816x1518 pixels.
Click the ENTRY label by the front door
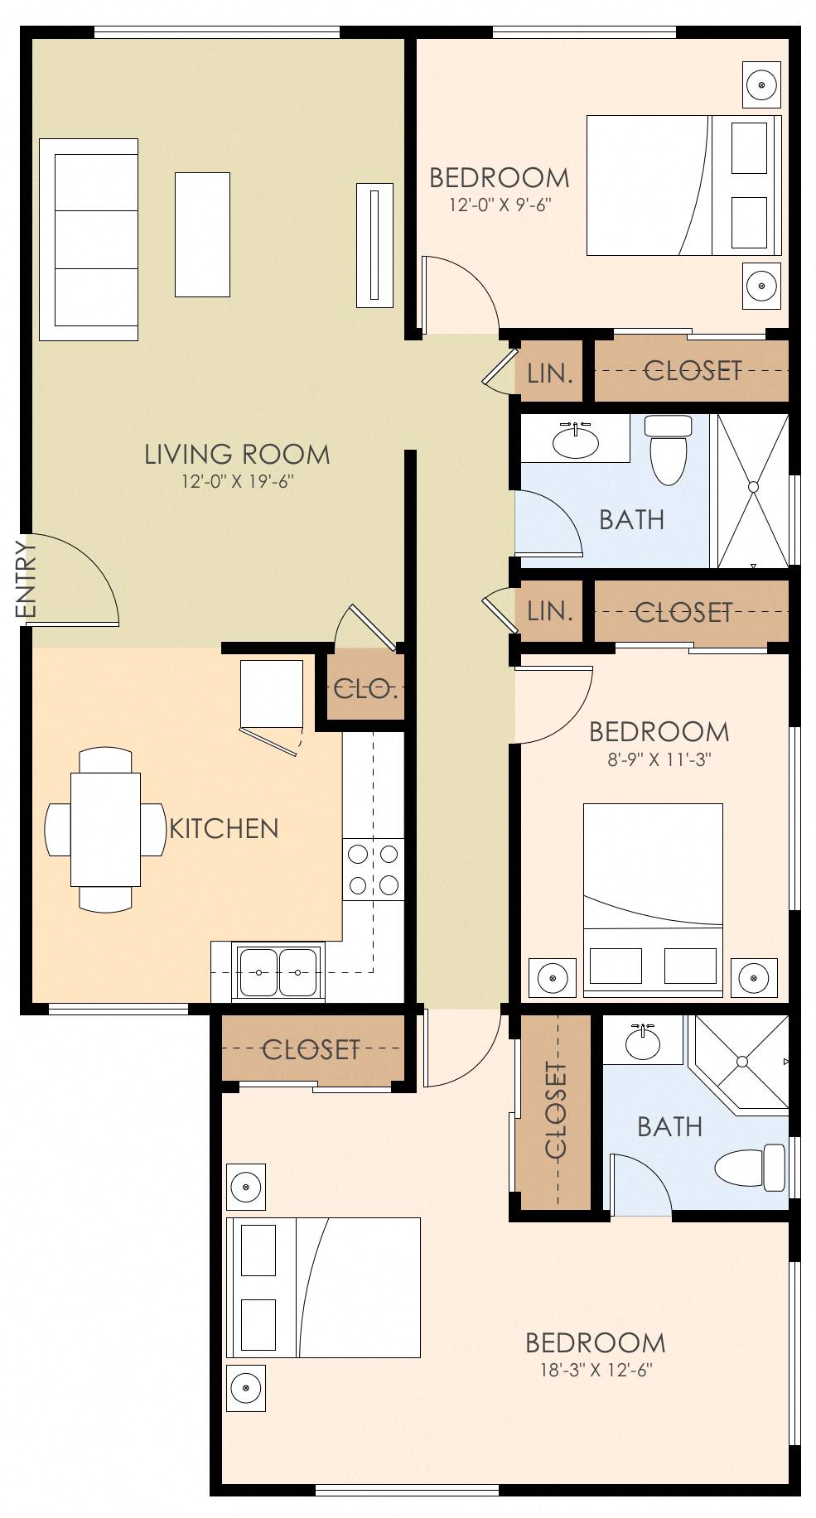[x=26, y=578]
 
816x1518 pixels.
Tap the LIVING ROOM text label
[x=237, y=454]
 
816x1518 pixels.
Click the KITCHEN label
[x=224, y=828]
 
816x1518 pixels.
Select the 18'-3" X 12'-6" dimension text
[x=596, y=1370]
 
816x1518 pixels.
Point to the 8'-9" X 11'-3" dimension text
[x=659, y=759]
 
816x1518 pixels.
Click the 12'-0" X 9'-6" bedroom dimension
[x=500, y=205]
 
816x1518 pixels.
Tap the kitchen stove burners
[x=374, y=868]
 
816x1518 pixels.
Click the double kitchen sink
[x=278, y=972]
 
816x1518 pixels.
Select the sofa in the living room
[x=89, y=239]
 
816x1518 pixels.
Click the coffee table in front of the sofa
[x=202, y=234]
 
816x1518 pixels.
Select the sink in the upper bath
[x=575, y=441]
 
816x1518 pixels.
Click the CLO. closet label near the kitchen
[x=365, y=688]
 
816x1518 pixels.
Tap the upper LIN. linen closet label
[x=550, y=373]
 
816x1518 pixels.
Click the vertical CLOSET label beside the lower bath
[x=556, y=1111]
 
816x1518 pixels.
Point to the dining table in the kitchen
[x=105, y=828]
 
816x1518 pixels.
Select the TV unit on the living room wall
[x=374, y=245]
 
